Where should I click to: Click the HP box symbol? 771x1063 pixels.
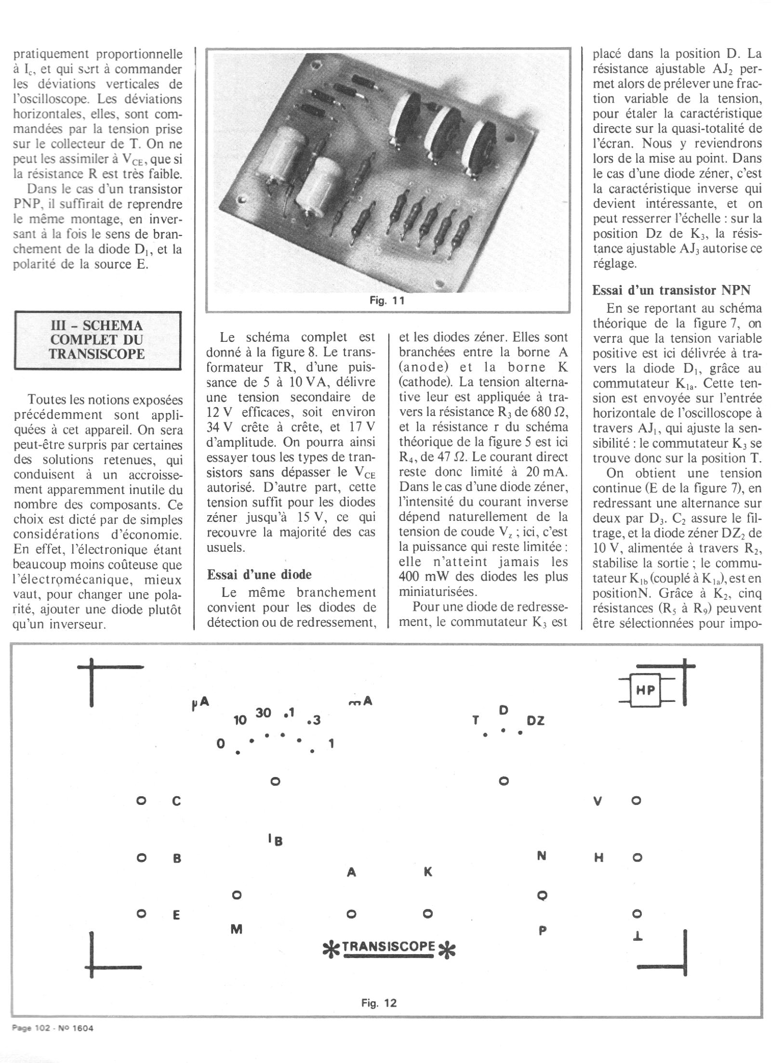[646, 690]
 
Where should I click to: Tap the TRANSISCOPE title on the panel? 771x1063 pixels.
[389, 945]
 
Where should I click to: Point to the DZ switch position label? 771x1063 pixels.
[535, 721]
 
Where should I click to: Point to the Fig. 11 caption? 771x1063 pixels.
[387, 301]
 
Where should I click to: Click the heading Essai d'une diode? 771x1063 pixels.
[259, 574]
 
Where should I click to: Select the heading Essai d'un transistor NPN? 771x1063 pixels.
[671, 290]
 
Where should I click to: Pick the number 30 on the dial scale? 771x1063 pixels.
[263, 713]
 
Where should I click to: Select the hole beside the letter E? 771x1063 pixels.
[141, 913]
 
